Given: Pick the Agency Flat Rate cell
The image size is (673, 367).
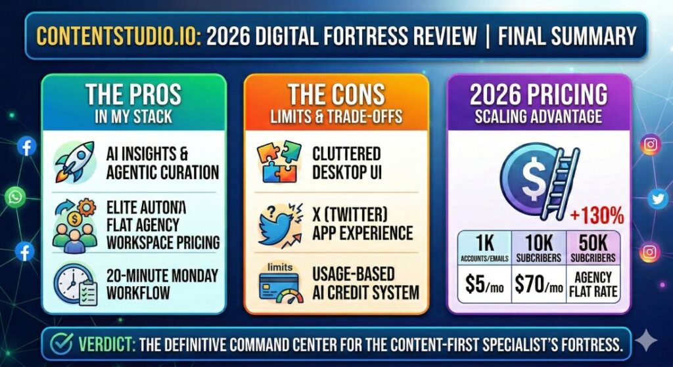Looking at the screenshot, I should tap(593, 284).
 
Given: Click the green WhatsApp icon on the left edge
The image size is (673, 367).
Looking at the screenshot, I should tap(15, 196).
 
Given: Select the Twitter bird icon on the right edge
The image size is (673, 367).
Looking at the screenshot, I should tap(657, 198).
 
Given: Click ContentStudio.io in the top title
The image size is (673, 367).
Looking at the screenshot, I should tap(118, 35).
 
